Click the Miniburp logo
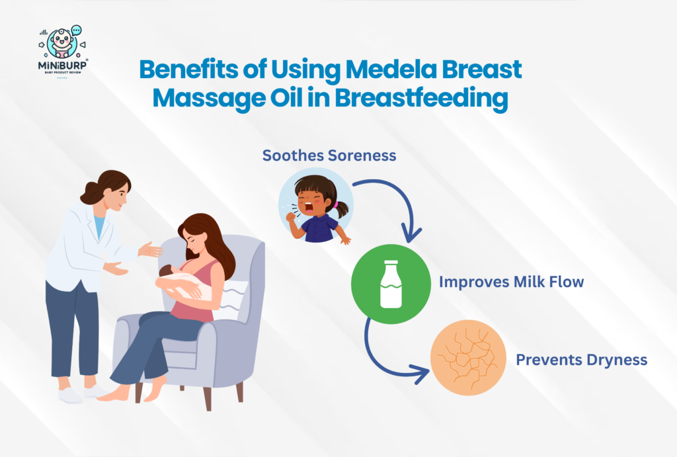coord(63,51)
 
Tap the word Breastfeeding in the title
coord(421,99)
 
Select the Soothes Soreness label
coord(329,155)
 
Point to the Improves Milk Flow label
coord(511,282)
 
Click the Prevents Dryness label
coord(581,360)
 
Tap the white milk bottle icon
coord(391,284)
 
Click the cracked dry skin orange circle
coord(468,358)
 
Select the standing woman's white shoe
coord(70,395)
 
